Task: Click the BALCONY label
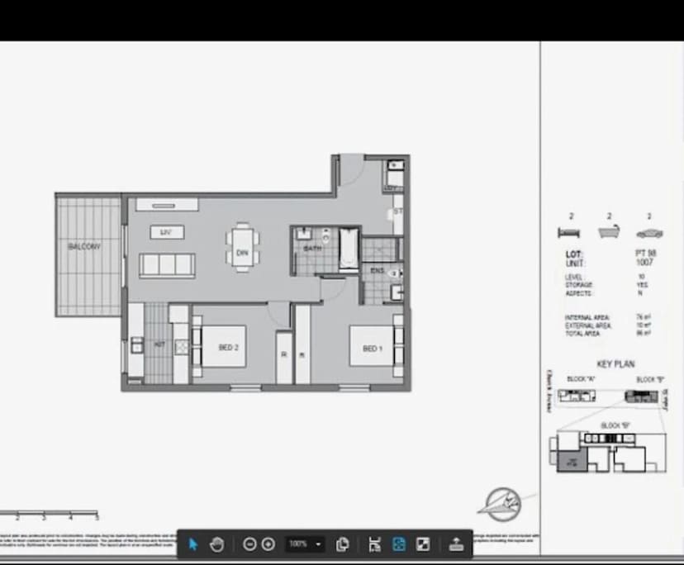coord(84,247)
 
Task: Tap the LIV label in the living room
coord(167,233)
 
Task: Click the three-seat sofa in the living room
coord(167,265)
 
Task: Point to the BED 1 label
coord(373,349)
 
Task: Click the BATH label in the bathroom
coord(312,248)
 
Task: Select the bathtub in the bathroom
coord(349,249)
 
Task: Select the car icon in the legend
coord(649,233)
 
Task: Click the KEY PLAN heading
coord(615,364)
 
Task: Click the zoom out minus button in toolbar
coord(249,544)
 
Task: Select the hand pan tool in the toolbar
coord(217,544)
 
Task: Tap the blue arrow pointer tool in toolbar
coord(193,544)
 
